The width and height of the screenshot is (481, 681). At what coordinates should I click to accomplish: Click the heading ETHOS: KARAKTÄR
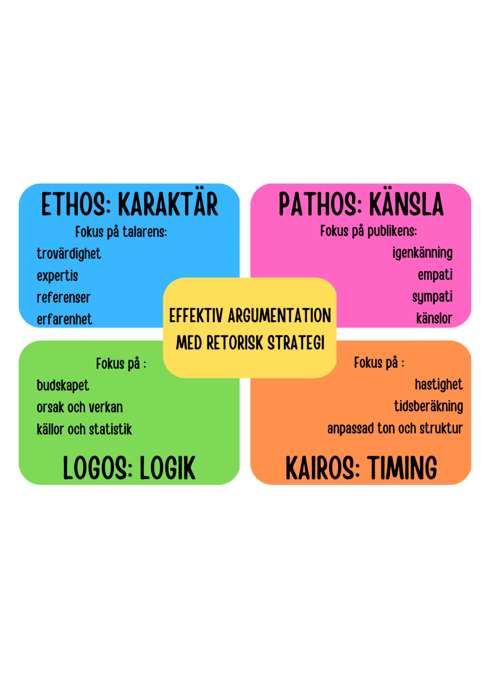point(129,204)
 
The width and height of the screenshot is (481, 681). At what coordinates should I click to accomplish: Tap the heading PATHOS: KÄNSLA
point(361,204)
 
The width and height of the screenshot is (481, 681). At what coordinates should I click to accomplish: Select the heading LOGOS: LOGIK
point(129,468)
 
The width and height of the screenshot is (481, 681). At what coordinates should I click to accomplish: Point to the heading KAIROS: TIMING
point(361,468)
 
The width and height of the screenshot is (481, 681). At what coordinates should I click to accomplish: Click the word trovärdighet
point(69,254)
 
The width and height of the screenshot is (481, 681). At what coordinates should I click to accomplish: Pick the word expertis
point(57,276)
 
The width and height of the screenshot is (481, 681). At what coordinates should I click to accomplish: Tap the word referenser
point(64,298)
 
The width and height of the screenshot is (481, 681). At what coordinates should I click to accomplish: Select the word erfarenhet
point(65,319)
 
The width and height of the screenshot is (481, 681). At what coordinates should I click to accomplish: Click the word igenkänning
point(423,253)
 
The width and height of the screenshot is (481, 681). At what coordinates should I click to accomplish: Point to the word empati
point(435,275)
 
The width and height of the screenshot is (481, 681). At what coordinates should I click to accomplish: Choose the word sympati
point(432,297)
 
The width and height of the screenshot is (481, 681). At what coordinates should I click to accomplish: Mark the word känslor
point(434,318)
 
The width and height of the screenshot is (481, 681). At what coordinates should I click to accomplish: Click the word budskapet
point(63,385)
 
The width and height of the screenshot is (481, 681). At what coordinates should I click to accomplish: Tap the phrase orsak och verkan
point(80,407)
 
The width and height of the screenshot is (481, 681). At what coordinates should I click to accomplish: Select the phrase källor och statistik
point(84,429)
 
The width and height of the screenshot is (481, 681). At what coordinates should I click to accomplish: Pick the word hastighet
point(439,384)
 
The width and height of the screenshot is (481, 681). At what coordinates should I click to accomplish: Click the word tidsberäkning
point(429,406)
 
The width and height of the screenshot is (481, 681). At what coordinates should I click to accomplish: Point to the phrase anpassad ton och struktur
point(395,428)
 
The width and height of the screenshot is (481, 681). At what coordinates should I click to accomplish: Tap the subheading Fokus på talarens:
point(121,232)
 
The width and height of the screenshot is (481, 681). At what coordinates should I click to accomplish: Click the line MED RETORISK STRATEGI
point(250,343)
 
